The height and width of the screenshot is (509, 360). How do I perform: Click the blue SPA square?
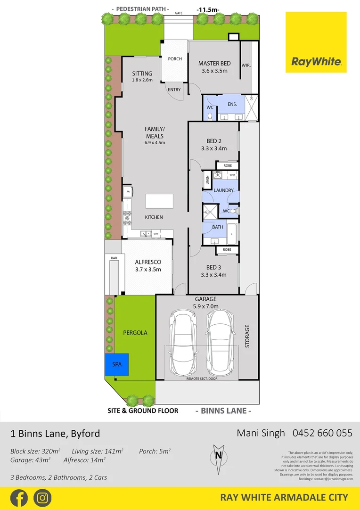(117, 365)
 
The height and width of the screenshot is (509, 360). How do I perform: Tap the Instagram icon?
(42, 498)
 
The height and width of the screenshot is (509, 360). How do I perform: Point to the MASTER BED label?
(214, 64)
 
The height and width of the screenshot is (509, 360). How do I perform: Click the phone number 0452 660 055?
(323, 433)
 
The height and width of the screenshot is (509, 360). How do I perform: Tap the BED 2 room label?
(214, 141)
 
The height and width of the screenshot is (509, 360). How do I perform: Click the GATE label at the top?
(179, 14)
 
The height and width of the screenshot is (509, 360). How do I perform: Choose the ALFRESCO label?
(148, 262)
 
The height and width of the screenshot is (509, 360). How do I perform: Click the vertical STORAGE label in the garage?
(248, 336)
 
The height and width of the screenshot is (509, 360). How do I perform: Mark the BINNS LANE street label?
(223, 410)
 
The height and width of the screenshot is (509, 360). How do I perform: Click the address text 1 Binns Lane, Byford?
(55, 433)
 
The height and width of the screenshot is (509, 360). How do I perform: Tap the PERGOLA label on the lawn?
(135, 332)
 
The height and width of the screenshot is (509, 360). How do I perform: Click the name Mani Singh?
(261, 433)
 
